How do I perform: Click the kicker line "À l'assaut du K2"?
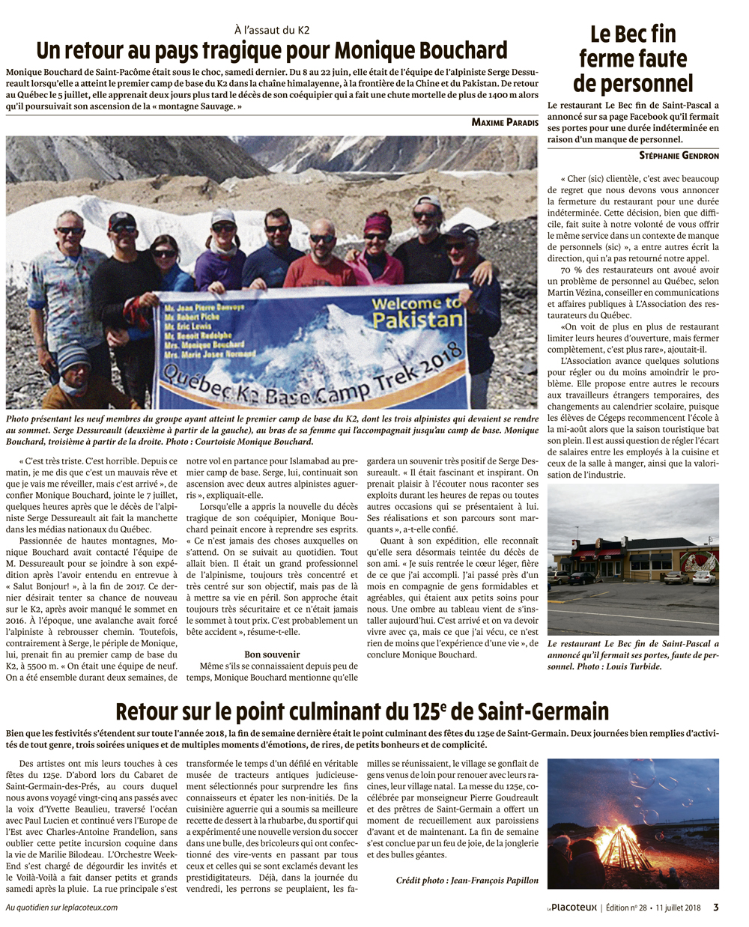point(271,31)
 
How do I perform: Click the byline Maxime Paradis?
point(505,122)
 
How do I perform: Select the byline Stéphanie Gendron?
point(679,156)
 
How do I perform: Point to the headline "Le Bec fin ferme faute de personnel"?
point(633,58)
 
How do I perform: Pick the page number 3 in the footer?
point(715,908)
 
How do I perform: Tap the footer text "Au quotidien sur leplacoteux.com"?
point(61,908)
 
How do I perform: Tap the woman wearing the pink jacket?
point(377,251)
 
